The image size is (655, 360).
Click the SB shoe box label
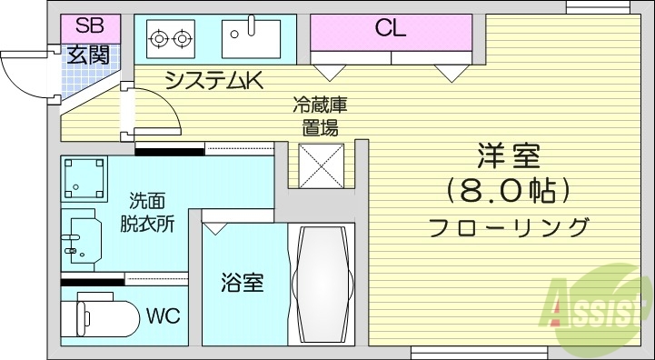(x=88, y=25)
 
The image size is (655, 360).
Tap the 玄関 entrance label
(x=88, y=55)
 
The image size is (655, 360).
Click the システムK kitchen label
(x=214, y=81)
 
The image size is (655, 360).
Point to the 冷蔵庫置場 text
(x=319, y=116)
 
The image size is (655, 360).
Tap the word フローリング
(x=508, y=226)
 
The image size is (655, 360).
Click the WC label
(x=164, y=316)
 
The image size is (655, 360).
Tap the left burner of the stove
(x=160, y=38)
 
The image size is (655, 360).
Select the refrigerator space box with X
(x=321, y=165)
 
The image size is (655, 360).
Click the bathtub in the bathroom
(x=322, y=283)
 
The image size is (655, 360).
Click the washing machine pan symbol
(x=84, y=179)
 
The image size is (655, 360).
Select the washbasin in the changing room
(x=79, y=239)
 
